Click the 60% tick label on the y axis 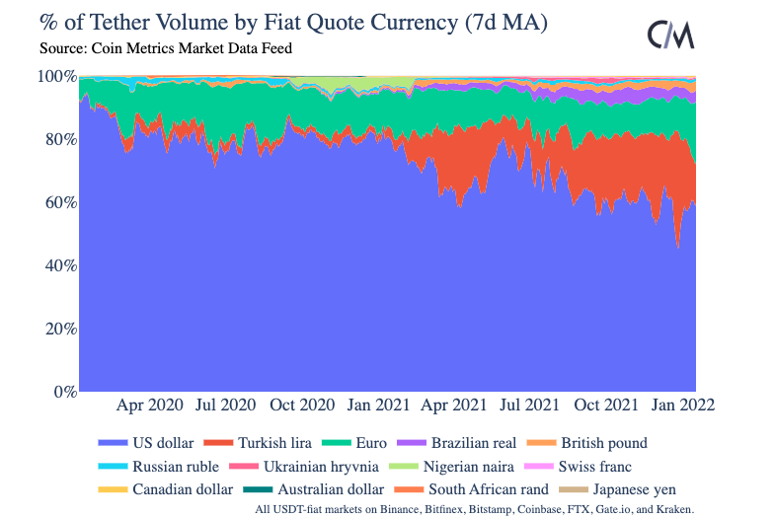pyautogui.click(x=57, y=202)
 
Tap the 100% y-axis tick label pyautogui.click(x=55, y=76)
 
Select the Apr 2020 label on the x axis pyautogui.click(x=150, y=405)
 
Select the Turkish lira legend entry pyautogui.click(x=280, y=443)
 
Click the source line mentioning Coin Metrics pyautogui.click(x=166, y=47)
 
